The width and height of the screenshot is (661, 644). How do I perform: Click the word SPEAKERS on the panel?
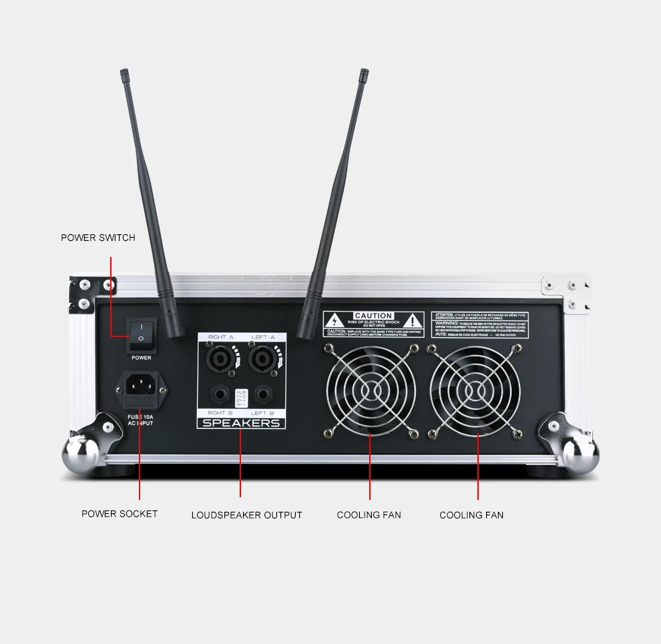(241, 423)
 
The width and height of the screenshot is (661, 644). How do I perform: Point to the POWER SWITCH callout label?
(98, 238)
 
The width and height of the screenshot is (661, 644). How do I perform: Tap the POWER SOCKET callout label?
(120, 514)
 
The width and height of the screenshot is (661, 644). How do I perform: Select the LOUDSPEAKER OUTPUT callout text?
(246, 515)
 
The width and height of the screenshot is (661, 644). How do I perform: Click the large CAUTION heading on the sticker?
(373, 316)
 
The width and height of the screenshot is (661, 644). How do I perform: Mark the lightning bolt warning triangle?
(334, 321)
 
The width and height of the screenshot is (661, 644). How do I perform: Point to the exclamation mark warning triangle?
(413, 321)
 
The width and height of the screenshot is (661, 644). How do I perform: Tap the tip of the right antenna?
(364, 71)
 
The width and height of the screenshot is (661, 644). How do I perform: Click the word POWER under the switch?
(141, 358)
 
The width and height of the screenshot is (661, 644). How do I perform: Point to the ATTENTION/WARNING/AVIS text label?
(479, 324)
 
